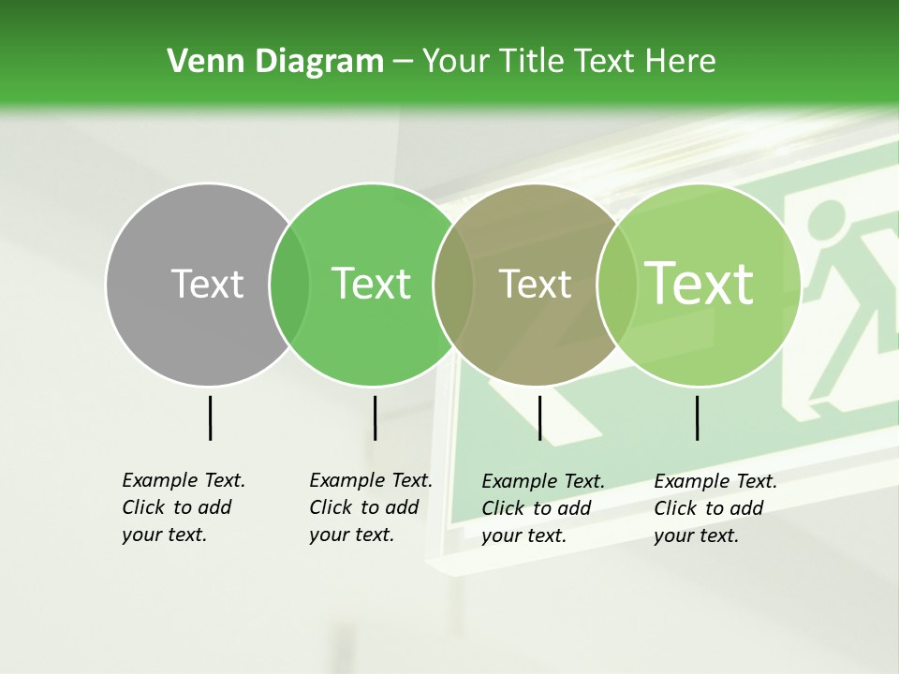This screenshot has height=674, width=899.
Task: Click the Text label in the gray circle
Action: (207, 284)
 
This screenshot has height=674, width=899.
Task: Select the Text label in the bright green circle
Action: (372, 284)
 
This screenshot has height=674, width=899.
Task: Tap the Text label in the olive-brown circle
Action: (535, 284)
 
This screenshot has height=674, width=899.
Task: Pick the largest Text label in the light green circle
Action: (700, 284)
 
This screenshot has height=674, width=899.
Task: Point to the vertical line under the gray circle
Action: (210, 418)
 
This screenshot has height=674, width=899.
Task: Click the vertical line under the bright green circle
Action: (375, 418)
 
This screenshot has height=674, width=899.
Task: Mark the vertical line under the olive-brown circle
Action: (539, 418)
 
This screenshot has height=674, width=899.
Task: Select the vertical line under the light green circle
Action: (697, 418)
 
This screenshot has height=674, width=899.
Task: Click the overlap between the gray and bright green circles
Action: (289, 284)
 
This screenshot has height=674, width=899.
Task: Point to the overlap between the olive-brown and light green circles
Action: (616, 284)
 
